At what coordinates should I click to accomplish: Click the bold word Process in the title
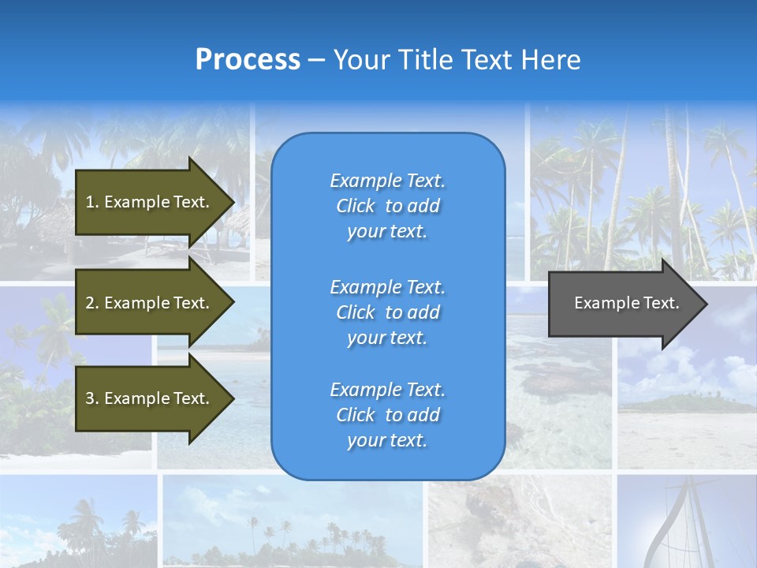point(248,60)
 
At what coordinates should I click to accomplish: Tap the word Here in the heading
point(550,60)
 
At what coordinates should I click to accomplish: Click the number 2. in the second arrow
point(92,303)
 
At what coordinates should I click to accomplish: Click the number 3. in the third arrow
point(92,398)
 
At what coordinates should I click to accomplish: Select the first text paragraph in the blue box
point(387,206)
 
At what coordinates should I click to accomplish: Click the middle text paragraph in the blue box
point(387,312)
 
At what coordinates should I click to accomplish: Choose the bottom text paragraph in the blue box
point(387,415)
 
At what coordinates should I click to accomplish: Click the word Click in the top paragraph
point(356,206)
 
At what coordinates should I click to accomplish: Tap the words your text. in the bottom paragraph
point(387,440)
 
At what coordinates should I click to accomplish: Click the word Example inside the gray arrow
point(602,303)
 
